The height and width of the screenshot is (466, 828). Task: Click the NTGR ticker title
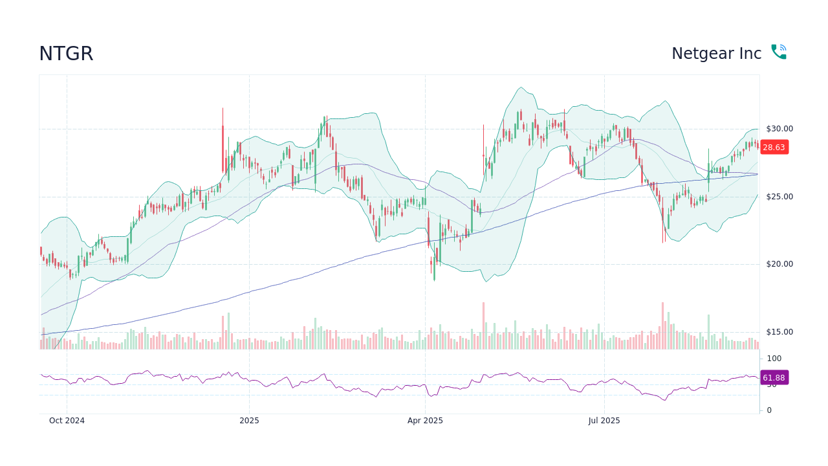click(66, 54)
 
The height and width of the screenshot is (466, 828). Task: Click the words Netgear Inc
click(716, 54)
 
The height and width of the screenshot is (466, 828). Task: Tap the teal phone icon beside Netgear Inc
click(778, 52)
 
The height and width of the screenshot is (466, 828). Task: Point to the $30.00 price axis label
click(779, 129)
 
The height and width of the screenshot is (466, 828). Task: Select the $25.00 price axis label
click(779, 197)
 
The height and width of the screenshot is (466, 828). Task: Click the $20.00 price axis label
click(779, 264)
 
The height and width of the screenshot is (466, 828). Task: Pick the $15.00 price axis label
click(779, 332)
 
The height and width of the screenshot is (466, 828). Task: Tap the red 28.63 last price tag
click(774, 148)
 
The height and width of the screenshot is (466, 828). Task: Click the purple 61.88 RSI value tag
click(774, 378)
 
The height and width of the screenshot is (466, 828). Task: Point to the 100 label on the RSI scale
click(774, 359)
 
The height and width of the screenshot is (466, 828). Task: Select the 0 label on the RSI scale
click(769, 410)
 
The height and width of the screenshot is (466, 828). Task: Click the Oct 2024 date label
click(67, 421)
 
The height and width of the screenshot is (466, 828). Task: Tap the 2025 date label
click(249, 421)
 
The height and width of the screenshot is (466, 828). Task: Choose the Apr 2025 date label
click(425, 421)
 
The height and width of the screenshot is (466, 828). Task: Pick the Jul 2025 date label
click(604, 421)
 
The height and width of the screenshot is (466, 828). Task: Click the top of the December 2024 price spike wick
click(223, 109)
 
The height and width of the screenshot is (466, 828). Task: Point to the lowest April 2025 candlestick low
click(434, 280)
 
